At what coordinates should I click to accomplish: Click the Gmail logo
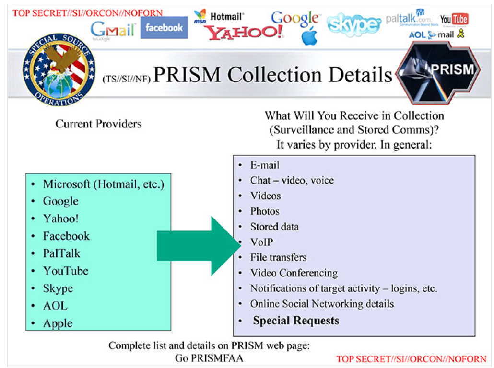click(113, 30)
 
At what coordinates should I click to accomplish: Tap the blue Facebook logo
click(164, 28)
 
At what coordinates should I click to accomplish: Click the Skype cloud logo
click(354, 24)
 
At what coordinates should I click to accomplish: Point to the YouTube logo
click(454, 19)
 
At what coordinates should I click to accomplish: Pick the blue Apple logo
click(309, 36)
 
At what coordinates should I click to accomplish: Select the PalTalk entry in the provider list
click(61, 253)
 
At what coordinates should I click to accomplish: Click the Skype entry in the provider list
click(58, 288)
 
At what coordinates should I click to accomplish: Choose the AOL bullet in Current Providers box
click(55, 306)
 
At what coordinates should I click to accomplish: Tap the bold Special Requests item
click(296, 321)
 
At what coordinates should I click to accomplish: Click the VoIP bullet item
click(261, 242)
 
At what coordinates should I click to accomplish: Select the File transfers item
click(278, 257)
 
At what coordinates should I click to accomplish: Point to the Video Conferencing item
click(294, 273)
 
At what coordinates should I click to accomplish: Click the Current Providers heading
click(98, 124)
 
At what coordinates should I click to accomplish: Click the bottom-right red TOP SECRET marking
click(411, 359)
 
